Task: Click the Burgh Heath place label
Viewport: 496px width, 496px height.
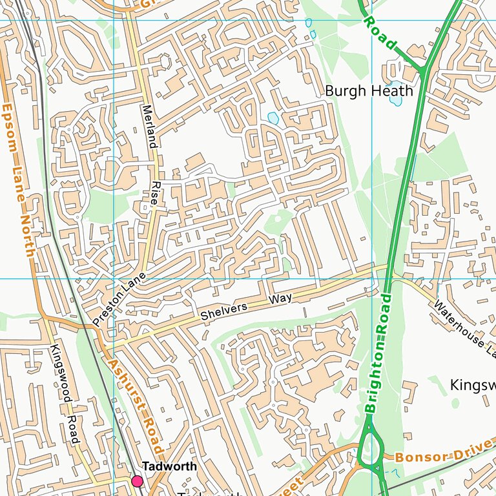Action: pyautogui.click(x=368, y=91)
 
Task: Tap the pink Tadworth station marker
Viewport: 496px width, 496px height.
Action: pyautogui.click(x=137, y=481)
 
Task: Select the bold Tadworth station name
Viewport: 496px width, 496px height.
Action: pyautogui.click(x=169, y=466)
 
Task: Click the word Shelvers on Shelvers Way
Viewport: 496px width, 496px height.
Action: pyautogui.click(x=224, y=312)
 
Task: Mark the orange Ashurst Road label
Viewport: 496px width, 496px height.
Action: pyautogui.click(x=135, y=407)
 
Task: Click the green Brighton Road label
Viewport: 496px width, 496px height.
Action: pyautogui.click(x=378, y=353)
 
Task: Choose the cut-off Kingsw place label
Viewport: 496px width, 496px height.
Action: pyautogui.click(x=472, y=385)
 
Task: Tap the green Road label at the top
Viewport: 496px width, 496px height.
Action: pyautogui.click(x=379, y=33)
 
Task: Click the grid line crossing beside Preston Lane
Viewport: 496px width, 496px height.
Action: pyautogui.click(x=114, y=279)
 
